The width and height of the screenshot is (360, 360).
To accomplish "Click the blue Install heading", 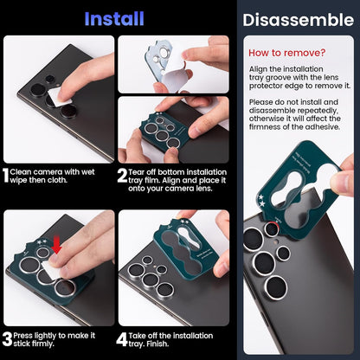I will pyautogui.click(x=115, y=17).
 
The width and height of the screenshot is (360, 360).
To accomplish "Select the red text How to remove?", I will pyautogui.click(x=286, y=53).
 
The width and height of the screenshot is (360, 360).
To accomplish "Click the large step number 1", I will pyautogui.click(x=6, y=177).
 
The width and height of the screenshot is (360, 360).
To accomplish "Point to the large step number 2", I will pyautogui.click(x=122, y=177).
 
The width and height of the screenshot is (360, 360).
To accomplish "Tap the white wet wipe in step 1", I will pyautogui.click(x=61, y=97).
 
